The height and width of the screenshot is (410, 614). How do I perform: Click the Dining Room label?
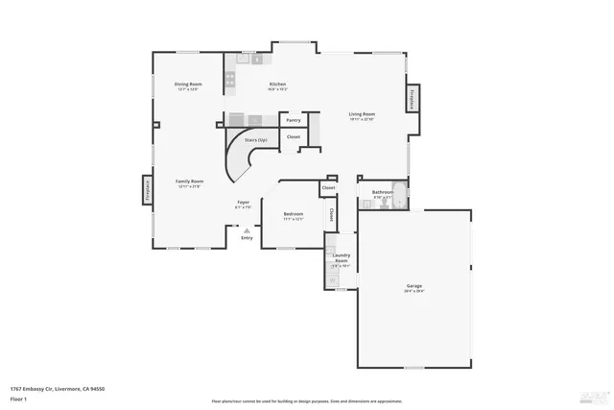[x=187, y=84]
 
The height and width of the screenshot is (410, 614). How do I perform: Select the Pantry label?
[x=294, y=120]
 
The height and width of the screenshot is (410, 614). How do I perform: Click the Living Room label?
[x=361, y=114]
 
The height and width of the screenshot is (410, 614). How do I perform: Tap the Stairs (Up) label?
[x=255, y=140]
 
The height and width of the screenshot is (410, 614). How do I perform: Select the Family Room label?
[x=189, y=181]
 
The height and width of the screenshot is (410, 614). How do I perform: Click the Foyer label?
[x=244, y=202]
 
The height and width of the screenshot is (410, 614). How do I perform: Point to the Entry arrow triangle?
[x=247, y=230]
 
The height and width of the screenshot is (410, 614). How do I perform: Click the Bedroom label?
[x=293, y=214]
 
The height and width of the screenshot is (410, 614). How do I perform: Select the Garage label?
[x=414, y=286]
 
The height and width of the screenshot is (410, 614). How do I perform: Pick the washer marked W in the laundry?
[x=334, y=280]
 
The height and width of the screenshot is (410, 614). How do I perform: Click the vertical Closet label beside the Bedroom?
[x=332, y=215]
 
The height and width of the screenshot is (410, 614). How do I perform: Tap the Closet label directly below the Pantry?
[x=294, y=137]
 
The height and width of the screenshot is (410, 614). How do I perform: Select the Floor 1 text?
[x=18, y=399]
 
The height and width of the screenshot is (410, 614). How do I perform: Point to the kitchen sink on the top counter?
[x=257, y=59]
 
